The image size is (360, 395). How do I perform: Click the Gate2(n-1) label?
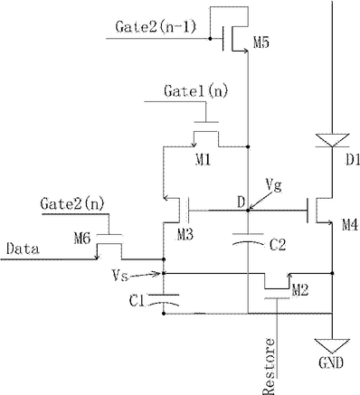click(156, 27)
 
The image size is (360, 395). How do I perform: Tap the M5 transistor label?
click(261, 43)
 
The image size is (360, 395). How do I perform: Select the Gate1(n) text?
click(195, 90)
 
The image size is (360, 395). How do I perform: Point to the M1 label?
click(203, 159)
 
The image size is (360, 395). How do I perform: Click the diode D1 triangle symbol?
click(332, 140)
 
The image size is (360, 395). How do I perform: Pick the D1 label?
click(353, 160)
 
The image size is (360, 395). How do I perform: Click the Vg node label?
click(273, 184)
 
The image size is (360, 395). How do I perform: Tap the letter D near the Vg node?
click(241, 202)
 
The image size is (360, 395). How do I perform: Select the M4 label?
click(350, 225)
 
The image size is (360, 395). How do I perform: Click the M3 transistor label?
click(185, 234)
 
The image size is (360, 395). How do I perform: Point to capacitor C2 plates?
click(248, 239)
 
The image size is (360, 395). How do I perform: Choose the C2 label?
click(278, 246)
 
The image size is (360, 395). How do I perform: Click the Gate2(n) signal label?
click(72, 204)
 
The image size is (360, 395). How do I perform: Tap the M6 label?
click(82, 239)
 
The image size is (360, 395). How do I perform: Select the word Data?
click(23, 249)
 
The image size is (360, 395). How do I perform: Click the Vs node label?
click(120, 276)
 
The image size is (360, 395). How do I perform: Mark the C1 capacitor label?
click(137, 301)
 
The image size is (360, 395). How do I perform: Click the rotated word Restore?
click(269, 366)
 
